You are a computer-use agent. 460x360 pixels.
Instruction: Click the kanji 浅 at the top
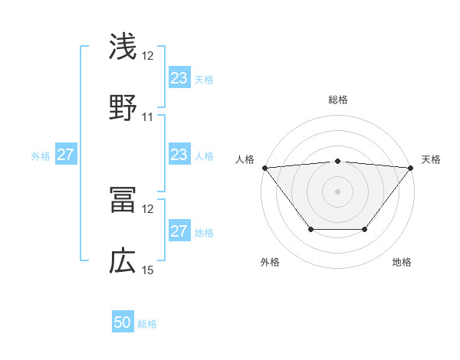tap(123, 47)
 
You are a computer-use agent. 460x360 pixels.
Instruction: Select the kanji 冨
tap(123, 201)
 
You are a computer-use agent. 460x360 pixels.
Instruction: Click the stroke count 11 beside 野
tap(148, 117)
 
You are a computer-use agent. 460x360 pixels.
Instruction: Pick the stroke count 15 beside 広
tap(148, 270)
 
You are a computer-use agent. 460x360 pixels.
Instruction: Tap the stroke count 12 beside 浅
tap(148, 56)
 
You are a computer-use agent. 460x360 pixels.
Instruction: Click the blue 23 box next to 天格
tap(179, 78)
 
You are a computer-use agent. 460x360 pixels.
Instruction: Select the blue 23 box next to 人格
tap(179, 155)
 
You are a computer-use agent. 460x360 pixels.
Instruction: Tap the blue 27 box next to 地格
tap(179, 231)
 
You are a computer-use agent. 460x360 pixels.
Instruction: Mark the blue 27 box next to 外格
tap(66, 155)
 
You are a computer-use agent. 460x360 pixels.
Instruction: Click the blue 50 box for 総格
tap(123, 322)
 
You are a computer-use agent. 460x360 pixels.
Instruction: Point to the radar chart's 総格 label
tap(337, 100)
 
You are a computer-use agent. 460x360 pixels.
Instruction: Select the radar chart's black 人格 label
tap(245, 159)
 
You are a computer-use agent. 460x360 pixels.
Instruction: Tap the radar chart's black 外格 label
tap(270, 263)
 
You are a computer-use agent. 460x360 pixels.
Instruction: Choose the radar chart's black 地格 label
tap(402, 263)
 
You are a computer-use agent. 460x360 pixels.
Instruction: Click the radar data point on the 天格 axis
tap(411, 167)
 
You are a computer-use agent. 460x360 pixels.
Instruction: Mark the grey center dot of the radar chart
tap(337, 191)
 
